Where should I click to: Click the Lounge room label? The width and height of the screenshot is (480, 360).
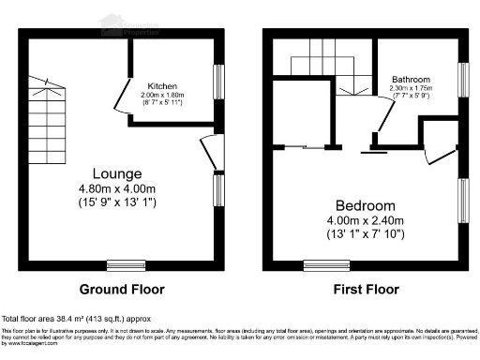pos(117,173)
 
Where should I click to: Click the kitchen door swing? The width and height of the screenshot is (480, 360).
pos(121,97)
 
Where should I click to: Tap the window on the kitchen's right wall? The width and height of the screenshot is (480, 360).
pos(220,78)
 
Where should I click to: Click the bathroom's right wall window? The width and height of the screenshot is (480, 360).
pos(463,78)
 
